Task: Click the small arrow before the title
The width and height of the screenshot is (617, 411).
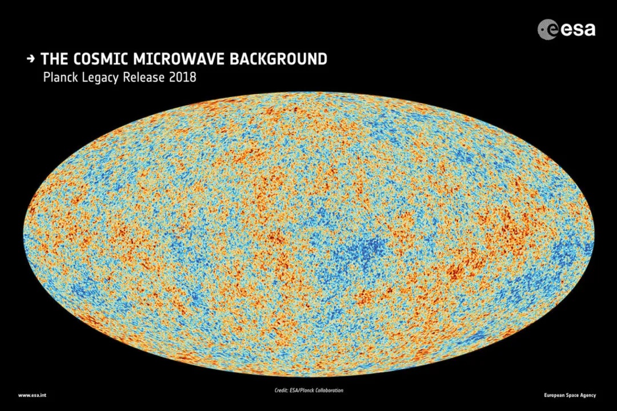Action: point(30,58)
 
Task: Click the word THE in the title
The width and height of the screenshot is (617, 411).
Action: point(55,59)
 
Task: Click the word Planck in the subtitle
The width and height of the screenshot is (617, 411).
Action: point(60,77)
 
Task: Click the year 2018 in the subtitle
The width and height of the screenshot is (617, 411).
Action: point(182,77)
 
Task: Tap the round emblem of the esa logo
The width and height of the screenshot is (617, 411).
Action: point(547,29)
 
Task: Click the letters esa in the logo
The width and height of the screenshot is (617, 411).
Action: point(578,29)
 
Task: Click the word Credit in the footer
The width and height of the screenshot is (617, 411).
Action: point(281,391)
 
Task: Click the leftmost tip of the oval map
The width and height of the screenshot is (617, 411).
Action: point(24,235)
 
